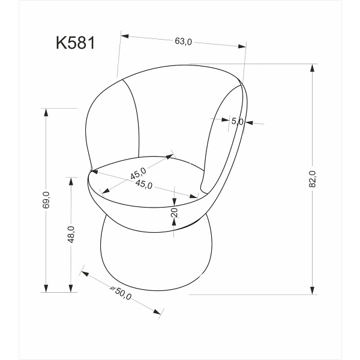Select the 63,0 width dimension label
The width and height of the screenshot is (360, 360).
coord(183,41)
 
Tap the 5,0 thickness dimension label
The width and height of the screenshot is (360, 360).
coord(237,121)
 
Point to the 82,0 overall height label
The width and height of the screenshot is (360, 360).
coord(312,178)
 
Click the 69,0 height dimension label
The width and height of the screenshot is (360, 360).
coord(46,200)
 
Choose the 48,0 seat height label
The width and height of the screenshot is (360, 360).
coord(71,234)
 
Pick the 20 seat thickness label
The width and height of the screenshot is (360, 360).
coord(174,213)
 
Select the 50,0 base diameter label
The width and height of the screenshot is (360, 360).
coord(122,294)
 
